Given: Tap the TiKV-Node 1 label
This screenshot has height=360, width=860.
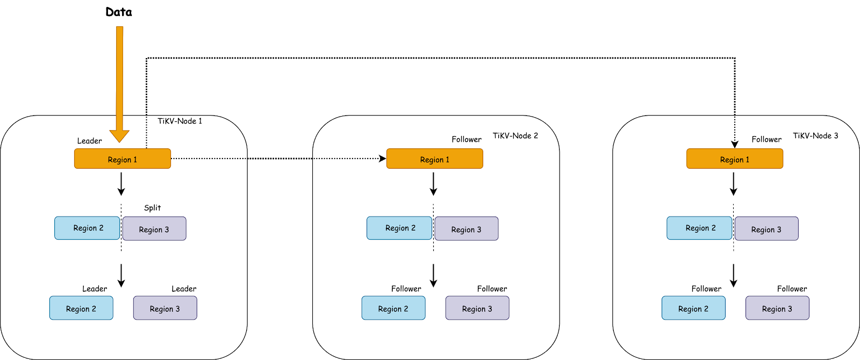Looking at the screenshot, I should [180, 121].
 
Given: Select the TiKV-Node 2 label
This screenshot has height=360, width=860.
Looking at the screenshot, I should [515, 135].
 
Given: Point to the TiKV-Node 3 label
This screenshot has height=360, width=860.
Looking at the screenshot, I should [815, 135].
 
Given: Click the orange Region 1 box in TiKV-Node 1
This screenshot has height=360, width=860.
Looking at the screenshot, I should [123, 159].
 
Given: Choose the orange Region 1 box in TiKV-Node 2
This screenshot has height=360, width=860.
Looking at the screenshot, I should [435, 159].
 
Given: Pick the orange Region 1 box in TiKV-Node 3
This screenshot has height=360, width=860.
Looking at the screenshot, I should [735, 159].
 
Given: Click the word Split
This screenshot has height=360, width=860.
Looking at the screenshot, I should [152, 207].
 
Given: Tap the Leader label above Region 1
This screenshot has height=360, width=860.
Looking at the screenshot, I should [89, 141].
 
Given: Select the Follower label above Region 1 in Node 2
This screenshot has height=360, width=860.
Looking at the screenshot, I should [466, 139].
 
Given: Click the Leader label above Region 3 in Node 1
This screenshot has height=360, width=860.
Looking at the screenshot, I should [184, 289].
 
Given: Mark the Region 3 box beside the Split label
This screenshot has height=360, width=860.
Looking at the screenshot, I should [154, 229].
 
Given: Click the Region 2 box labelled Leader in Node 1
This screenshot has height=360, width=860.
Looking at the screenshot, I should [81, 308].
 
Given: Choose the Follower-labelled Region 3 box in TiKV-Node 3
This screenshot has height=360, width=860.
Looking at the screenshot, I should [777, 308].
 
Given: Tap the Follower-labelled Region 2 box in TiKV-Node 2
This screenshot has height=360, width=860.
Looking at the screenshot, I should [393, 308].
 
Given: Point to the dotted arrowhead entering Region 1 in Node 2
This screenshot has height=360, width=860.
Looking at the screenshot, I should [383, 159].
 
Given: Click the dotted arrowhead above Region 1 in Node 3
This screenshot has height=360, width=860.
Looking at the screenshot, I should [735, 145].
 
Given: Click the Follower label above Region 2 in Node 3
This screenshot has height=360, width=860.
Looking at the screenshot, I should [706, 289].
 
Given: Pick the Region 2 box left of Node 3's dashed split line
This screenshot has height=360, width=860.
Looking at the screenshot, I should [700, 228].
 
